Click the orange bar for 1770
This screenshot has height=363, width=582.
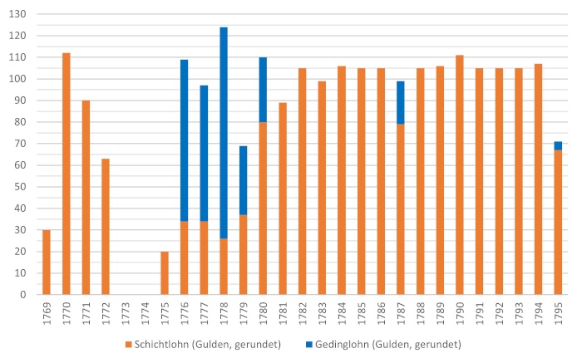click(x=66, y=174)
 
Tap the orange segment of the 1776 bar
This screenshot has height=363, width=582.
click(x=185, y=258)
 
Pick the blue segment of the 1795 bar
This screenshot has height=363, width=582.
click(x=558, y=145)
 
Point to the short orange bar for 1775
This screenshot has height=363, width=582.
click(x=165, y=272)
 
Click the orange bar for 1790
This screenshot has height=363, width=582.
click(x=460, y=174)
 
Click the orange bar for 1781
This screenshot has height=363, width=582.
click(x=283, y=199)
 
